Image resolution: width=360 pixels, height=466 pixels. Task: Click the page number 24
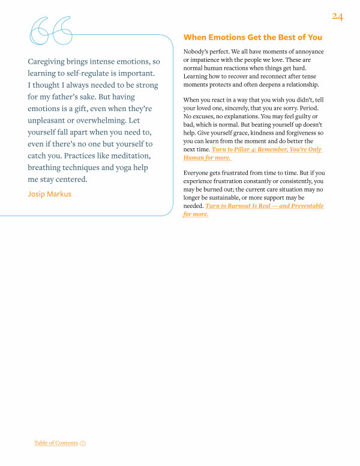click(x=337, y=16)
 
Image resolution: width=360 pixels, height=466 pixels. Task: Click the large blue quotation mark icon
click(x=51, y=30)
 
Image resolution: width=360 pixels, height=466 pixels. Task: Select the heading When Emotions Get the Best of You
click(x=252, y=37)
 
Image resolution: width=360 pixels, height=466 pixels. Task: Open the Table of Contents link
click(x=56, y=443)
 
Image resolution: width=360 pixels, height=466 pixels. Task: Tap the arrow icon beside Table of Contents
click(x=83, y=443)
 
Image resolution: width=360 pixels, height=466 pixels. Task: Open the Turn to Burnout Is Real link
click(x=264, y=206)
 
